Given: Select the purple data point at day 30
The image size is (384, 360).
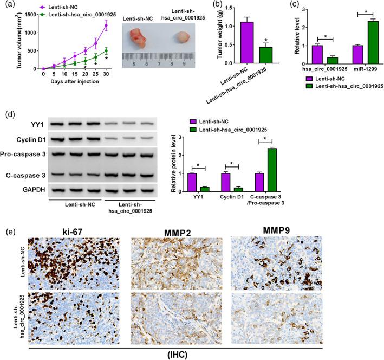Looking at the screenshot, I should (106, 25).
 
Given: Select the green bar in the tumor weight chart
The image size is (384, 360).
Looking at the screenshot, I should (266, 56).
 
